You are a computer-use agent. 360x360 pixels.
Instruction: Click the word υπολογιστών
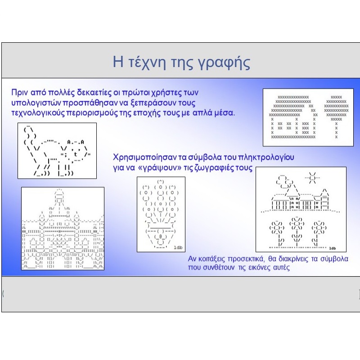coord(36,103)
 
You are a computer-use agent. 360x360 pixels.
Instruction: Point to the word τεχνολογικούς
coord(38,113)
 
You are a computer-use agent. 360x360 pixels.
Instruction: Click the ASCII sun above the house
coord(312,178)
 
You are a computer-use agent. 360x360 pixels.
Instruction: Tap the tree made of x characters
coord(336,117)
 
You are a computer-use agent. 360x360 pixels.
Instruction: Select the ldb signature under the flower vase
coord(178,247)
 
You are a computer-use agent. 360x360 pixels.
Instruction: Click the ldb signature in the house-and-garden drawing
coord(333,248)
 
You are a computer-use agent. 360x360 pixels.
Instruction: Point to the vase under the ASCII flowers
coord(161,237)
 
